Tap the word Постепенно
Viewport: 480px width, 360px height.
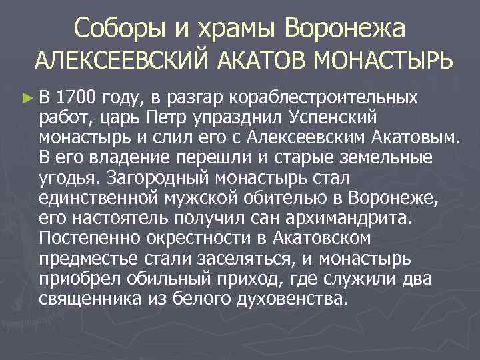[x=85, y=238]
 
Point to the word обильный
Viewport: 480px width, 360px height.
[x=159, y=277]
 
